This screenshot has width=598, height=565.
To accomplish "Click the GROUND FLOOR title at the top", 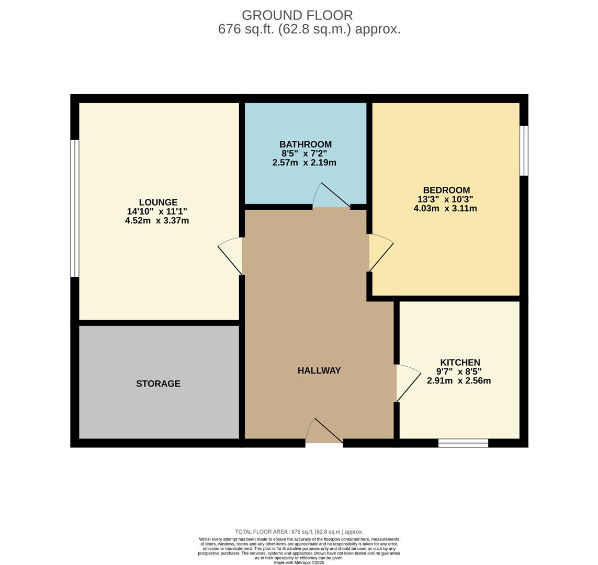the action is (x=297, y=15).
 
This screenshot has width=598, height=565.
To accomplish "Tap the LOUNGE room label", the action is (x=159, y=202).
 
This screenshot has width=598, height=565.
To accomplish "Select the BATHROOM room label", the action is (x=306, y=144).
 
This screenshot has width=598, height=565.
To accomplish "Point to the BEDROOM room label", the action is (x=446, y=190).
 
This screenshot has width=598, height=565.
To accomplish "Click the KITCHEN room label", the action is (x=460, y=362).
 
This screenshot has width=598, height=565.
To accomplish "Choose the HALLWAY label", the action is (x=319, y=370).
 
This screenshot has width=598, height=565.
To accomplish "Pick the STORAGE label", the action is (x=159, y=383).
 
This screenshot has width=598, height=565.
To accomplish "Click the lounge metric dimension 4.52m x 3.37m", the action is (x=157, y=220).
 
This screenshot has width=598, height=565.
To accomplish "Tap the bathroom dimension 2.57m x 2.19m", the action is (x=304, y=163).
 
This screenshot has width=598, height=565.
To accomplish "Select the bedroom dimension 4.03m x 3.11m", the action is (x=445, y=209).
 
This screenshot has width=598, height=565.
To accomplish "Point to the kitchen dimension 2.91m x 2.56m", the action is (x=459, y=380).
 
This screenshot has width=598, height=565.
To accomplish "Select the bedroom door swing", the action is (x=381, y=252).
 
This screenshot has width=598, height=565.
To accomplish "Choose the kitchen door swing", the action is (x=409, y=383).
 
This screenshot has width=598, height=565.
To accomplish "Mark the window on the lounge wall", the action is (x=75, y=208).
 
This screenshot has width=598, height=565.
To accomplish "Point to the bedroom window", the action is (x=524, y=151).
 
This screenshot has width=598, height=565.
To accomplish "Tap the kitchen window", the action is (x=463, y=443).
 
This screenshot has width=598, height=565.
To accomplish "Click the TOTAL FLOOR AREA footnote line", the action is (x=299, y=532).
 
